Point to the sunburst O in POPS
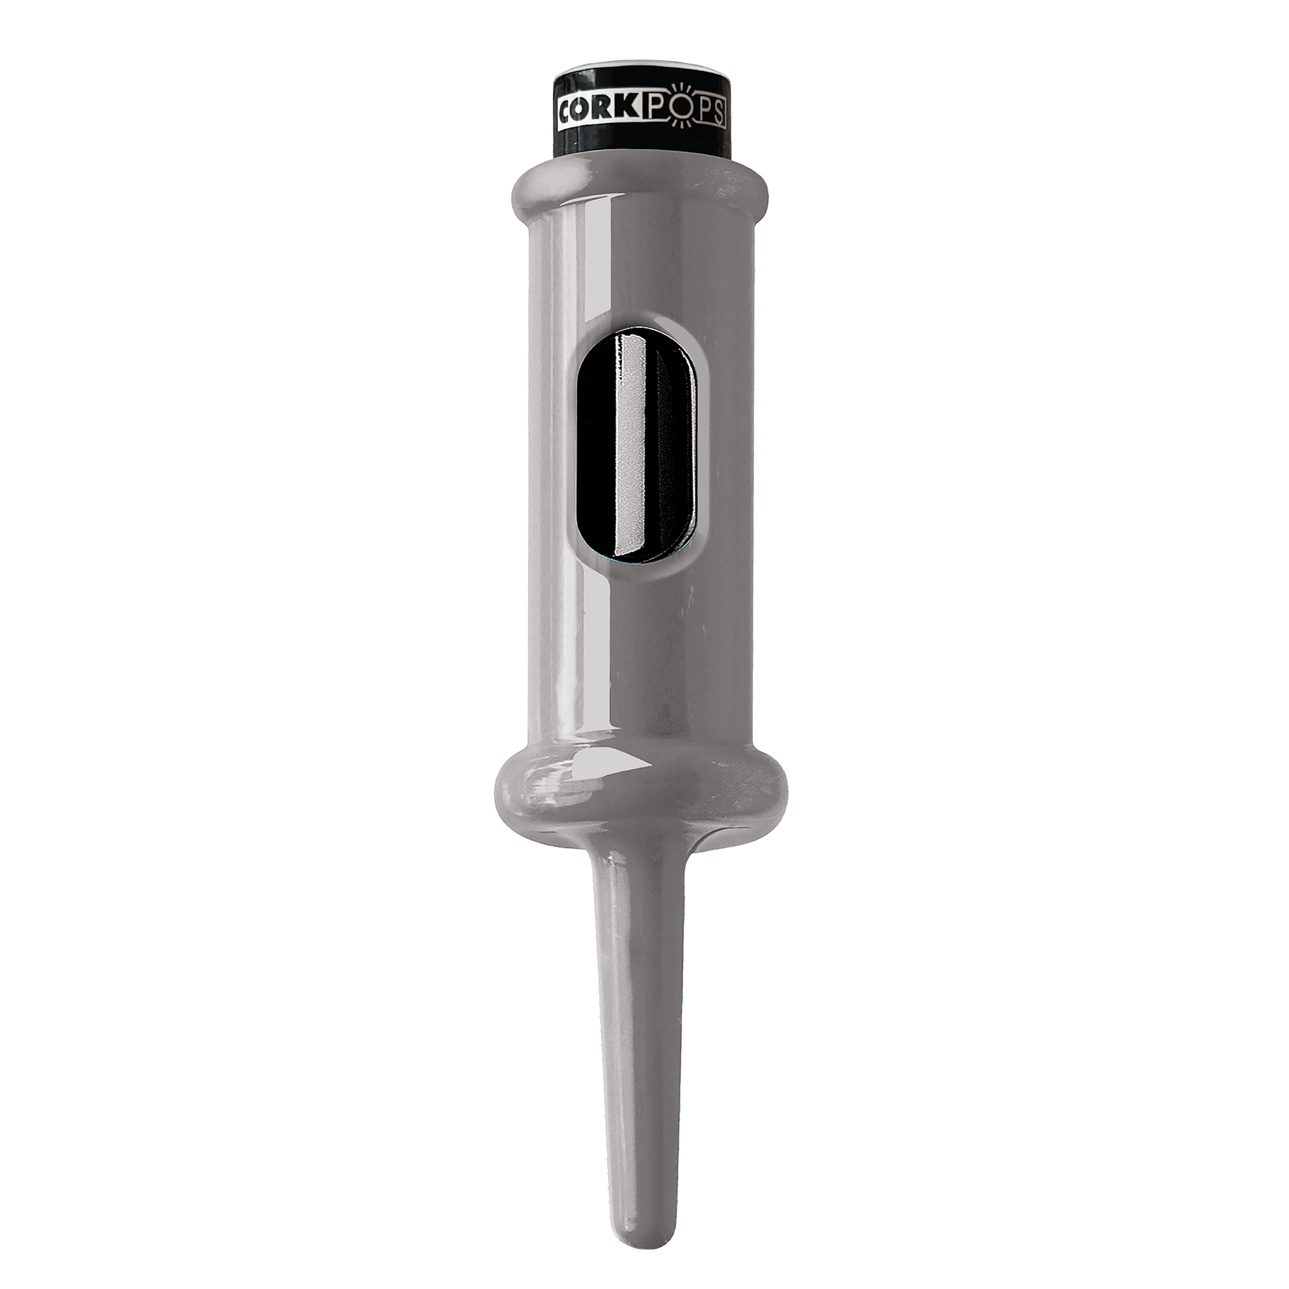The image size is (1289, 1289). (x=683, y=109)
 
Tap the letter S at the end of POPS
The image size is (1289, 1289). (x=719, y=113)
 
